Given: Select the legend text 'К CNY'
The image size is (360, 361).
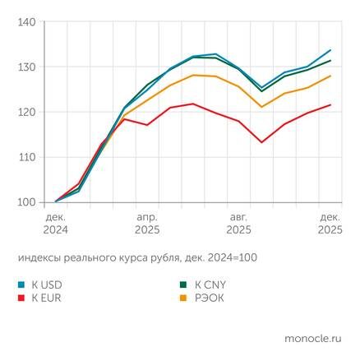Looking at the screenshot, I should tap(208, 285).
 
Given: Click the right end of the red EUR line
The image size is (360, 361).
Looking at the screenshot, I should tap(330, 104).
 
